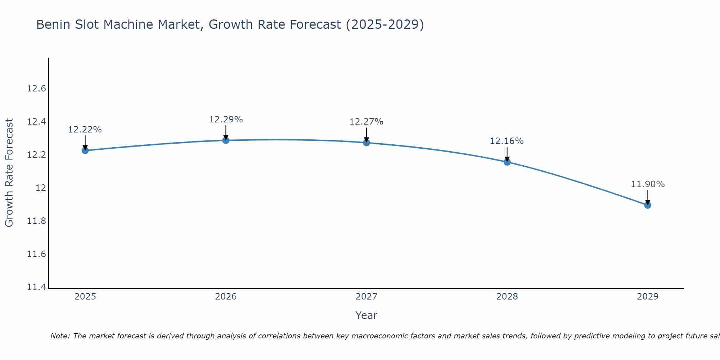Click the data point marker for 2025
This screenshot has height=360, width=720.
85,150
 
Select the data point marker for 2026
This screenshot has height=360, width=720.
226,140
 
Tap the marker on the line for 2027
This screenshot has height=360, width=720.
366,143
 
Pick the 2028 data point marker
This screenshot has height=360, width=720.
507,162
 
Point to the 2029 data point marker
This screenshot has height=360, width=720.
648,205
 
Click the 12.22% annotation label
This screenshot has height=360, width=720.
85,130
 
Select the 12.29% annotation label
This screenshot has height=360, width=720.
226,120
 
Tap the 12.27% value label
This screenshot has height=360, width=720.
366,122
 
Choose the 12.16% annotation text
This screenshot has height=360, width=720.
507,141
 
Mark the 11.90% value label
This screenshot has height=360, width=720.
648,184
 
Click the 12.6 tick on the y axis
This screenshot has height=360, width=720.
36,89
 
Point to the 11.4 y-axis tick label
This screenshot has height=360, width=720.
36,287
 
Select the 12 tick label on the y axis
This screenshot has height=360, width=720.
41,188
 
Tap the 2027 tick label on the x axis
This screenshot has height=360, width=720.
366,297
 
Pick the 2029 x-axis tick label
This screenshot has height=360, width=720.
648,297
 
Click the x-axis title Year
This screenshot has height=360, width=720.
366,315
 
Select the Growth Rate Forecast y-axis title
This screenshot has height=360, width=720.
9,173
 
